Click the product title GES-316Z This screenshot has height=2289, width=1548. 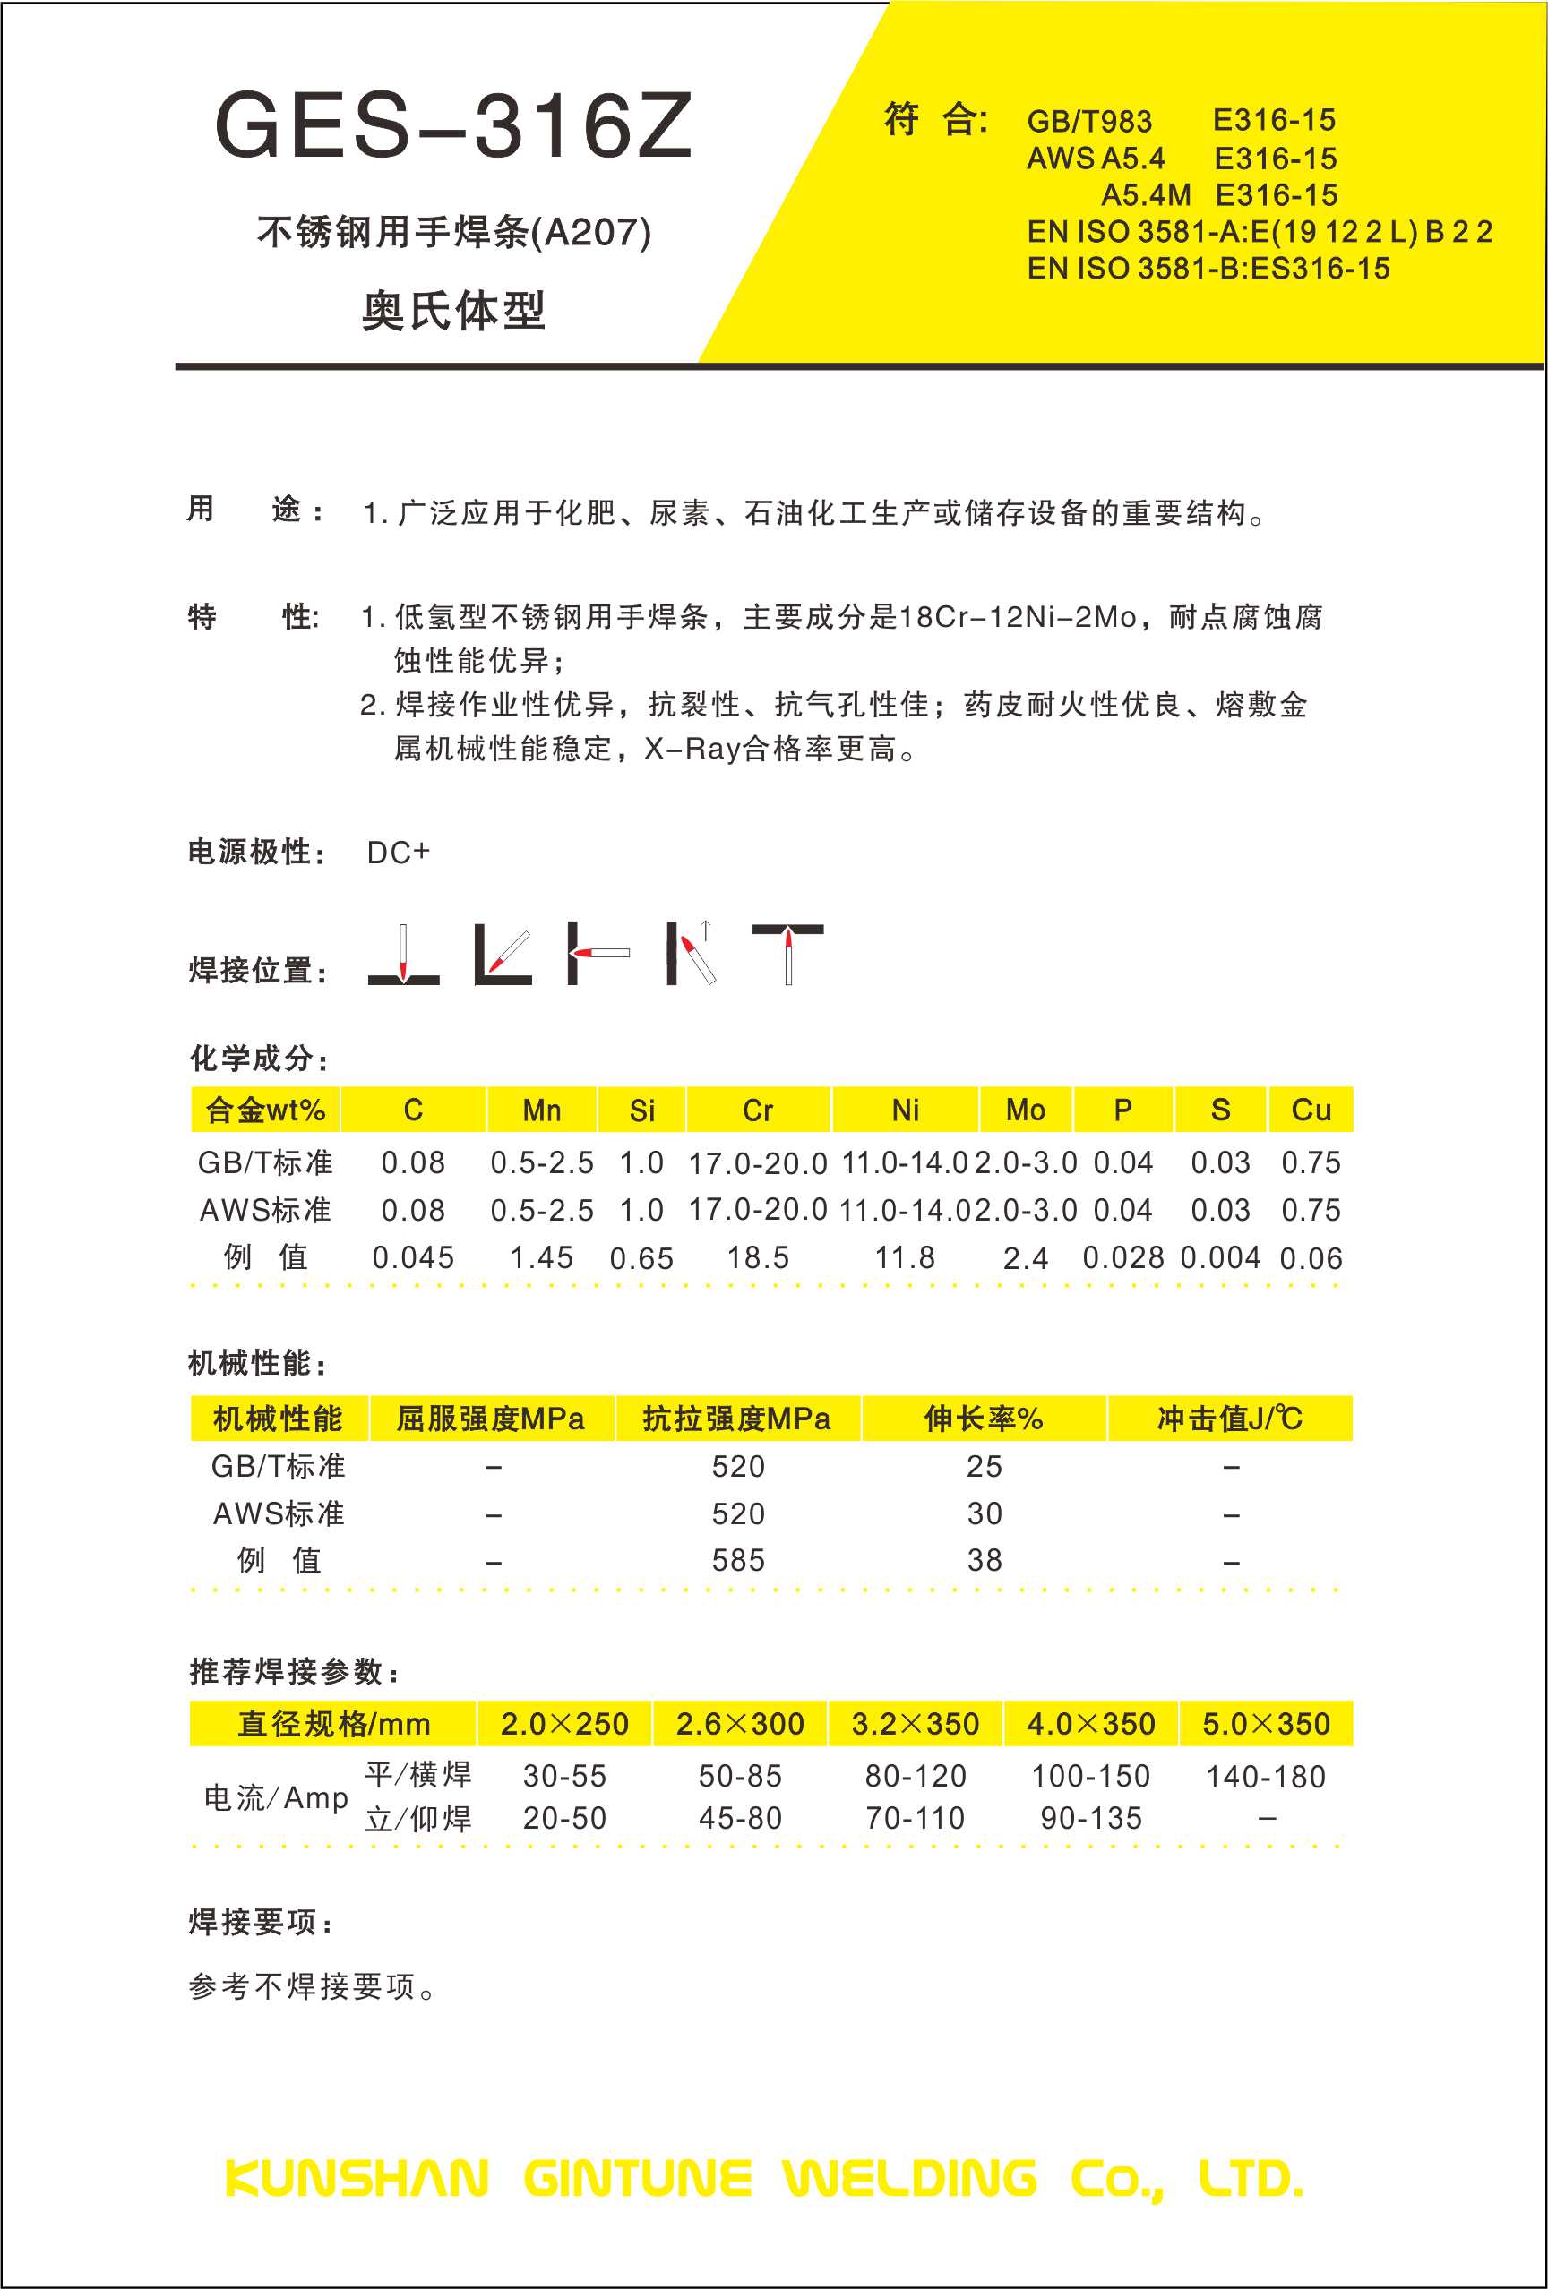(453, 126)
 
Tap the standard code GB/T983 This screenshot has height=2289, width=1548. (1088, 121)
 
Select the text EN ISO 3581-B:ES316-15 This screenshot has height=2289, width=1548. (1208, 269)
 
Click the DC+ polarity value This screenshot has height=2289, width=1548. (398, 852)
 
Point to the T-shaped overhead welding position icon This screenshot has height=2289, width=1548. (787, 953)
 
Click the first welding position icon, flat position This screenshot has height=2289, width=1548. (403, 954)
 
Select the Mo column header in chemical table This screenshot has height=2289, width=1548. (1025, 1110)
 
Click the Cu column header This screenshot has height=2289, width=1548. (1311, 1110)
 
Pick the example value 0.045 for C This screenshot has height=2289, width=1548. (413, 1257)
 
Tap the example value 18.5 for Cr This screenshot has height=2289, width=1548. (758, 1257)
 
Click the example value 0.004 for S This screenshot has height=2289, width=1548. (1220, 1257)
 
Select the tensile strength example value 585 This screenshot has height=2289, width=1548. (738, 1560)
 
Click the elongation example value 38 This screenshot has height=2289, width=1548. (985, 1560)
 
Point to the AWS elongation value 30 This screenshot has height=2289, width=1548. (985, 1513)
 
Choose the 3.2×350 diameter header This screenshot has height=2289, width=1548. (915, 1724)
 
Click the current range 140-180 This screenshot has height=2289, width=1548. (1265, 1777)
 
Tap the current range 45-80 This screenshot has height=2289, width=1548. (740, 1818)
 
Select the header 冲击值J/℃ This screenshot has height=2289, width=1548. (1230, 1419)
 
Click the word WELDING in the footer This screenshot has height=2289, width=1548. (909, 2179)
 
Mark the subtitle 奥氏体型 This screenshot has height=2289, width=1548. (453, 312)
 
